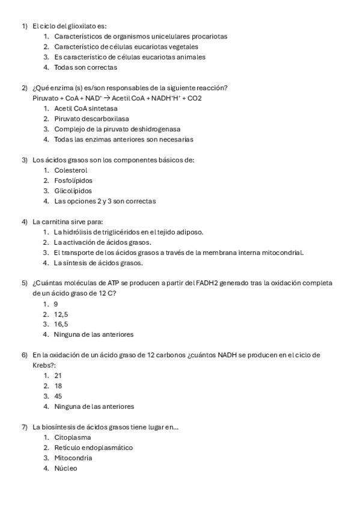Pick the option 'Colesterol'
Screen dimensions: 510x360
click(x=71, y=170)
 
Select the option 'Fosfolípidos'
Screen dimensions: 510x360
click(x=73, y=180)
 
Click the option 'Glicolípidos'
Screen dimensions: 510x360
click(x=73, y=191)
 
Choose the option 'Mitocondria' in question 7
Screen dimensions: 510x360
click(x=73, y=458)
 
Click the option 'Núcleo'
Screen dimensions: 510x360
click(x=66, y=468)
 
